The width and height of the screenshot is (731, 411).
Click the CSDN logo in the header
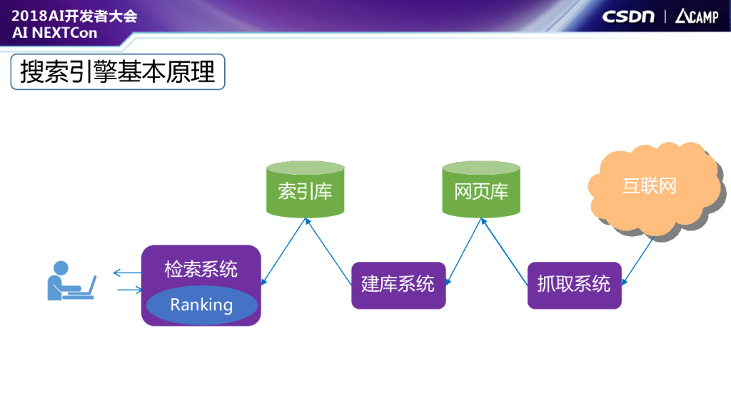(628, 16)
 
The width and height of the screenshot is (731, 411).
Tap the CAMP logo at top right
(697, 16)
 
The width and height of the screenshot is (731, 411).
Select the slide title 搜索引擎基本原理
(118, 72)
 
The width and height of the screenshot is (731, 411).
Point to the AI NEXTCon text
(55, 33)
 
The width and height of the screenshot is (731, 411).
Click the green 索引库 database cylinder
(305, 190)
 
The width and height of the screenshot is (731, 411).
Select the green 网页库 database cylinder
(481, 190)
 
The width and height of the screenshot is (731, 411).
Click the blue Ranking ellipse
(201, 305)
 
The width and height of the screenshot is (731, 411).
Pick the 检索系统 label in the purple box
(201, 270)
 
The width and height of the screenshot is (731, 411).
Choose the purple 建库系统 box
(398, 285)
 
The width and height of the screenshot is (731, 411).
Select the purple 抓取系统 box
(575, 285)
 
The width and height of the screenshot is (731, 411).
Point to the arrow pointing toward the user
(127, 272)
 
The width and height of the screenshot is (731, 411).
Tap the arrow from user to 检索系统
(128, 290)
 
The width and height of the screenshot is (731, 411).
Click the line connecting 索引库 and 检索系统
(284, 252)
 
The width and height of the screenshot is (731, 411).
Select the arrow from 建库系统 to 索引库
(329, 252)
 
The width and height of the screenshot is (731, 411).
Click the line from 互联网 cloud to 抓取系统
(637, 261)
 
